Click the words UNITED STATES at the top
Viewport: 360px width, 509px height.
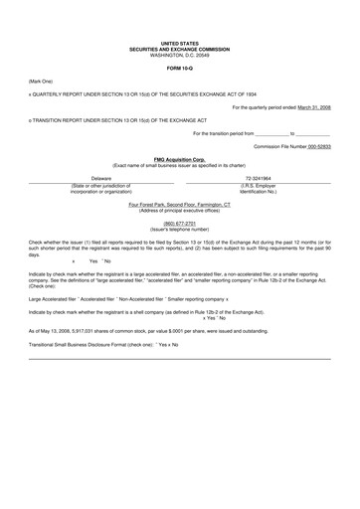point(179,44)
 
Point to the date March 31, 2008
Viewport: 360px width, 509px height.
point(310,106)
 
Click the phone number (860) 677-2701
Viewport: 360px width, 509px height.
point(179,224)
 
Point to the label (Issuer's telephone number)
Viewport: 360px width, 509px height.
point(179,230)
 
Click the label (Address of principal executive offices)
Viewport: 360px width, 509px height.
point(179,210)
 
